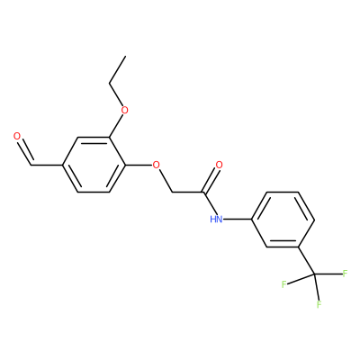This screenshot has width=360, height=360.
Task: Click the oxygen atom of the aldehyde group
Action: pos(17,137)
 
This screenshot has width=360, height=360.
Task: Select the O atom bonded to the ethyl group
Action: pos(124,110)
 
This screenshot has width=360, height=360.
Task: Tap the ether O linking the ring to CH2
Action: pos(156,165)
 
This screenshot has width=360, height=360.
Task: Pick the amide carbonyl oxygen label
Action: pos(220,165)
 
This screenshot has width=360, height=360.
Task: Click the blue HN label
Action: pos(216,220)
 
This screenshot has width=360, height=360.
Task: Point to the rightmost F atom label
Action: pos(345,274)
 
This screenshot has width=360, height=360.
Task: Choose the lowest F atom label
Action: pos(319,304)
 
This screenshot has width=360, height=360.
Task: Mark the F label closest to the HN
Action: pos(283,284)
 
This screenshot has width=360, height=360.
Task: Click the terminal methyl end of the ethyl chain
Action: pos(125,56)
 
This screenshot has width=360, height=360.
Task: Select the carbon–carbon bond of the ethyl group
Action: pos(117,69)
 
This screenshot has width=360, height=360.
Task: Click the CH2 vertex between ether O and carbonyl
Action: pos(172,192)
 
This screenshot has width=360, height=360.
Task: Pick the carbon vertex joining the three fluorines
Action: pos(314,274)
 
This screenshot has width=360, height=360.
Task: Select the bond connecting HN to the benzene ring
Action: pos(238,220)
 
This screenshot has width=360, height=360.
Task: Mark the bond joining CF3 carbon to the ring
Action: pos(306,260)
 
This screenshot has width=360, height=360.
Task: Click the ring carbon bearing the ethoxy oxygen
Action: pos(109,138)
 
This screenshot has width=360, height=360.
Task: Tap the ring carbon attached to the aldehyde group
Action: pos(62,165)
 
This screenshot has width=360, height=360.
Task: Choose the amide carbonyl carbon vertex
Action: pos(203,192)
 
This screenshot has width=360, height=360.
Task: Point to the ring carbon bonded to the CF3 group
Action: pos(298,247)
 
